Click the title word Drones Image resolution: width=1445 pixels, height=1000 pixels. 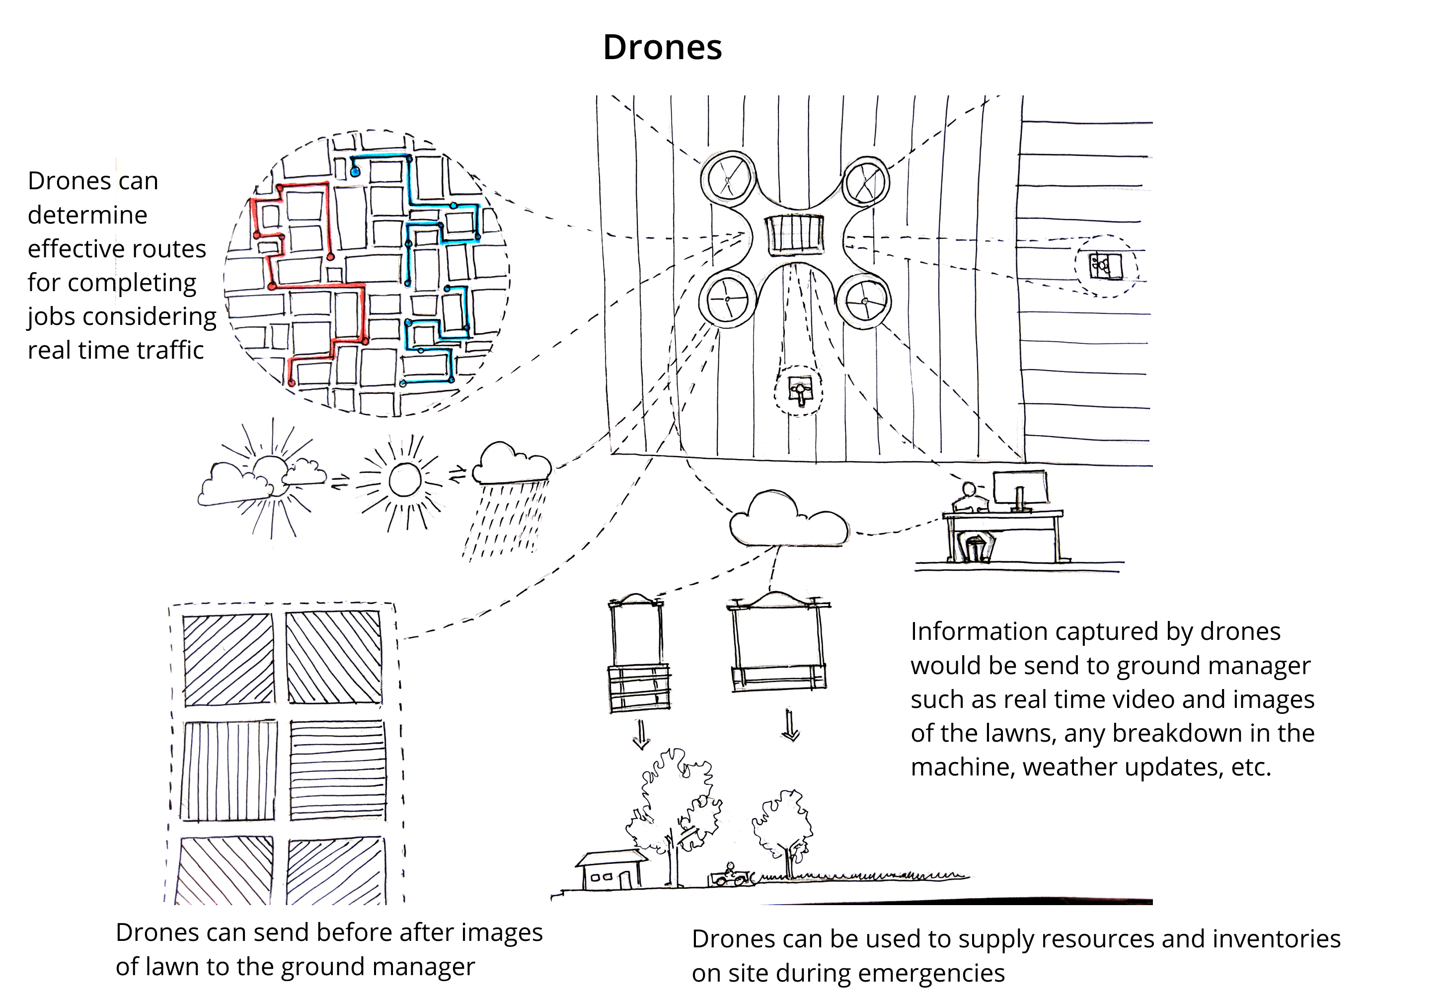[x=662, y=47]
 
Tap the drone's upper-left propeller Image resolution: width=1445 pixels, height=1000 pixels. [x=727, y=180]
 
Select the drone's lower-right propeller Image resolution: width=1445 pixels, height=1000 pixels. [x=864, y=302]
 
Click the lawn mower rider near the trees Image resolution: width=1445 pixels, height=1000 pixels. [x=730, y=875]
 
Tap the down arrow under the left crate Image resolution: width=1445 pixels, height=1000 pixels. [x=641, y=734]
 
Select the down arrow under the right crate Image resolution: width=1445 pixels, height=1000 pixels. [x=790, y=726]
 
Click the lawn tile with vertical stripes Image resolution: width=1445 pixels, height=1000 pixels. [x=228, y=770]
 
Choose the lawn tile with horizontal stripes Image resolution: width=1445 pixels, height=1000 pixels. [x=337, y=770]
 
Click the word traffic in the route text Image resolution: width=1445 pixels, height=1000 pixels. [x=170, y=350]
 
